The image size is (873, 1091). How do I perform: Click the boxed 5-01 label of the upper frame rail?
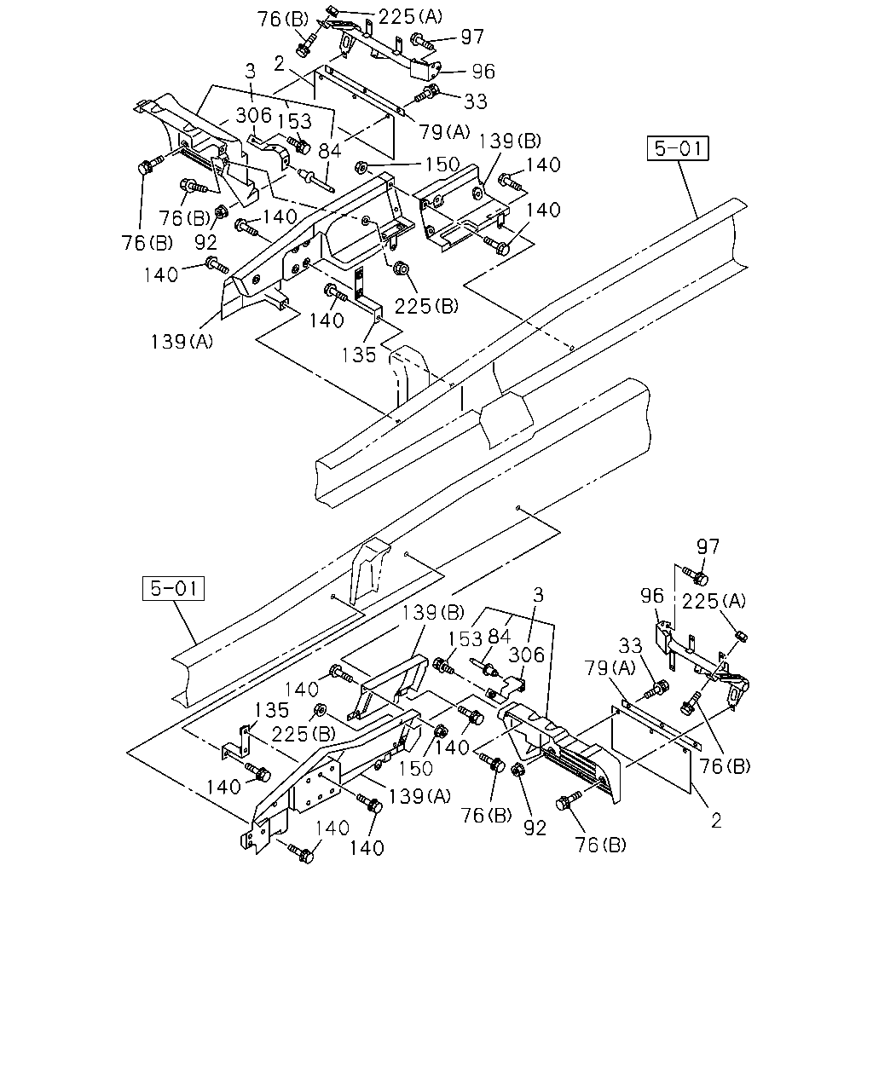click(678, 148)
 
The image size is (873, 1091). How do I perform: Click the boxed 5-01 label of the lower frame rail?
click(173, 588)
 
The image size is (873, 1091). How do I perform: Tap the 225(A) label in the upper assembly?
click(410, 17)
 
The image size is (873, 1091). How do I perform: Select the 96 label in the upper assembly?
click(483, 72)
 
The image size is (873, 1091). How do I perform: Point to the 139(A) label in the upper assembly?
click(182, 342)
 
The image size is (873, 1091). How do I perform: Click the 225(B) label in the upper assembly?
click(426, 306)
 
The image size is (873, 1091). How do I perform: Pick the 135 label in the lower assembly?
click(272, 710)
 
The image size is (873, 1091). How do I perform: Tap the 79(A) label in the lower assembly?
click(610, 667)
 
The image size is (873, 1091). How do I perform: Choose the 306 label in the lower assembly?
click(527, 655)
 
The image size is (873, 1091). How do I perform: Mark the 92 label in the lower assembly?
click(535, 828)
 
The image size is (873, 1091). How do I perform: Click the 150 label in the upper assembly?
click(442, 165)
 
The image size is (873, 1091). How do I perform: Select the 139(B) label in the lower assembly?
click(433, 613)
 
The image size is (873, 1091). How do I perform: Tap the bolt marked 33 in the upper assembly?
click(428, 95)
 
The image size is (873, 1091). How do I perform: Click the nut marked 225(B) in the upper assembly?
click(402, 267)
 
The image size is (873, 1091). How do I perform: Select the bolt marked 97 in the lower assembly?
click(695, 574)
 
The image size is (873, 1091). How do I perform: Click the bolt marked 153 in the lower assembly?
click(444, 667)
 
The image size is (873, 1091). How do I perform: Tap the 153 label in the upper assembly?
click(294, 121)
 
